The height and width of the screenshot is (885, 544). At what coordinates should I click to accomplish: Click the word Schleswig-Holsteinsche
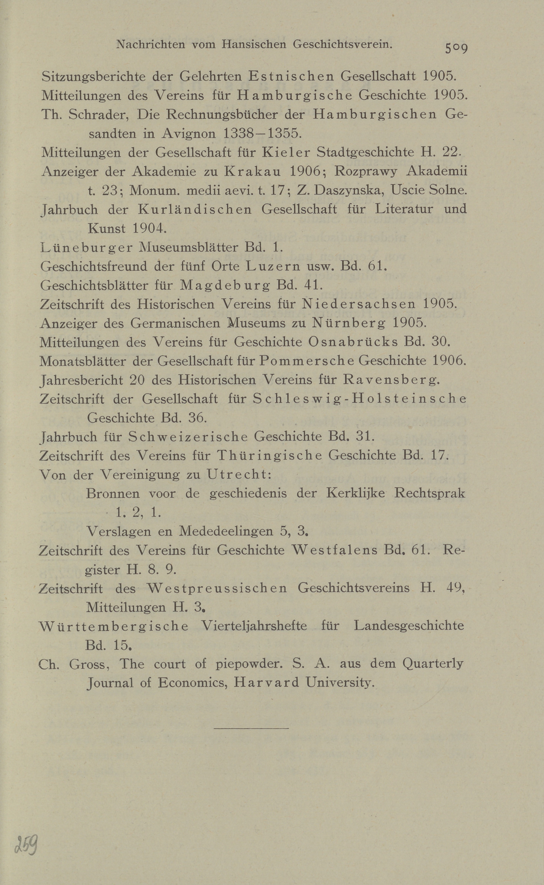click(x=360, y=399)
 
